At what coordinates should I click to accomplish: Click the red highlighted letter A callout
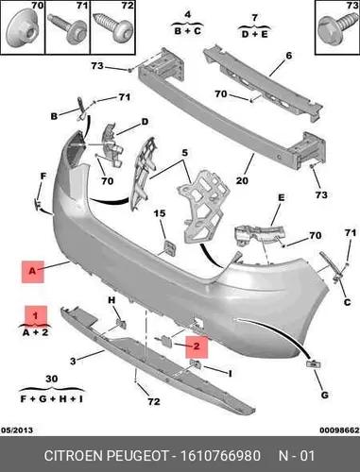(33, 272)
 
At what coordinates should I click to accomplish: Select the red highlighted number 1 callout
(36, 315)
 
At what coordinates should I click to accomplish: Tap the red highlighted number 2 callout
(197, 347)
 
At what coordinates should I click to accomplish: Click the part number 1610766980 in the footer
(220, 456)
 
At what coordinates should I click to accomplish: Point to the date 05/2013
(17, 430)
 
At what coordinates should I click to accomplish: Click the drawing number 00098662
(339, 430)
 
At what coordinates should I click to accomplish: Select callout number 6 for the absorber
(288, 56)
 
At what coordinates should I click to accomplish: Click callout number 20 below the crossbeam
(242, 180)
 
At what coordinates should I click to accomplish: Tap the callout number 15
(160, 213)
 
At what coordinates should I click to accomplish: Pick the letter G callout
(324, 395)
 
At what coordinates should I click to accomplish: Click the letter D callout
(145, 122)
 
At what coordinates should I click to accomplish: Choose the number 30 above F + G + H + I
(52, 379)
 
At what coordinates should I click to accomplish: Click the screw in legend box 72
(112, 26)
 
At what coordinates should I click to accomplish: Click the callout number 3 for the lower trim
(73, 361)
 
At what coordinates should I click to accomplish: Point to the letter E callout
(282, 197)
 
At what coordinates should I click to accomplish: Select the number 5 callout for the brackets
(185, 153)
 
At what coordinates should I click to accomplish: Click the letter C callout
(347, 302)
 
